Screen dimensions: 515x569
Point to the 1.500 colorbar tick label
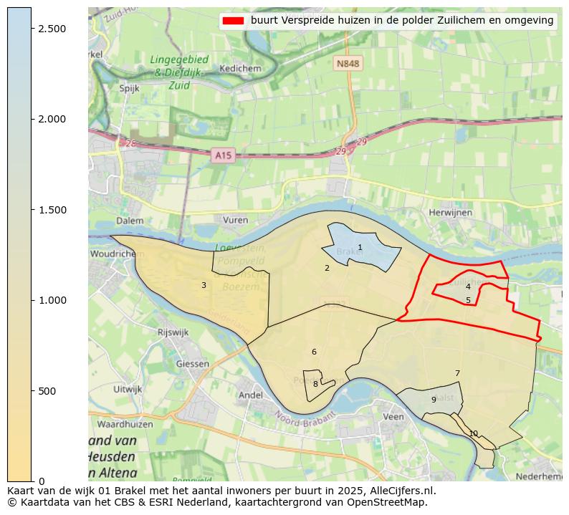pyautogui.click(x=52, y=210)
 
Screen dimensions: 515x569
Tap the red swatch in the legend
pyautogui.click(x=234, y=21)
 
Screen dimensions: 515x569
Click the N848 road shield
pyautogui.click(x=348, y=64)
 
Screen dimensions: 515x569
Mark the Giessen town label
pyautogui.click(x=191, y=363)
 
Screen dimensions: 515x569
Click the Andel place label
pyautogui.click(x=250, y=395)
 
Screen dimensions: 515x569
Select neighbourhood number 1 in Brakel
pyautogui.click(x=360, y=248)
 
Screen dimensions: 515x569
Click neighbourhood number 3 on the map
pyautogui.click(x=204, y=286)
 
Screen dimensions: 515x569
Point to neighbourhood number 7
pyautogui.click(x=456, y=373)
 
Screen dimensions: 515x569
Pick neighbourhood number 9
pyautogui.click(x=433, y=400)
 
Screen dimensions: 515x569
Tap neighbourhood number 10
pyautogui.click(x=473, y=433)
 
